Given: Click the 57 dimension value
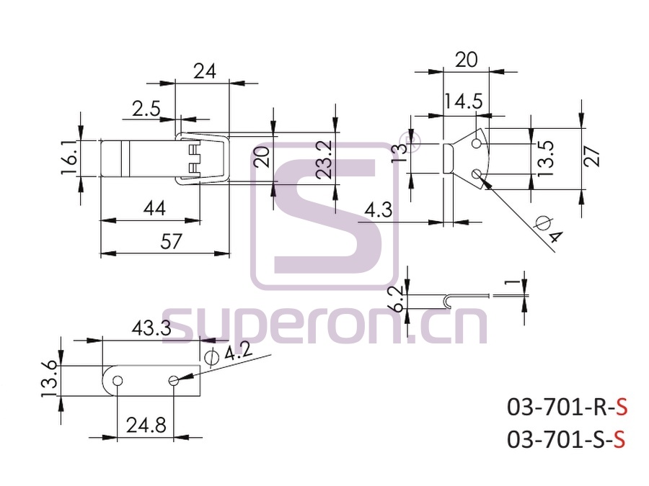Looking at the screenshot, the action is pos(171,241).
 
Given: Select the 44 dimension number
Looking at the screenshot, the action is pos(154,208).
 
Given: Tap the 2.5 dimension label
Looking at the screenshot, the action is pos(146,109).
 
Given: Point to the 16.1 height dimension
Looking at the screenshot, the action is pos(69,158).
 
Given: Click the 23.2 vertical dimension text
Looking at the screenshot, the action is pos(324,160).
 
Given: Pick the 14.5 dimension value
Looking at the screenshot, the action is pos(464,101).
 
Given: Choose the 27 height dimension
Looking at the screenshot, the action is pos(592,156).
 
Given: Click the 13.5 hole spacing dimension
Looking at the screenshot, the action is pos(546,158).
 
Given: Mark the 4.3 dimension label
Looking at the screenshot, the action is pos(379,210).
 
